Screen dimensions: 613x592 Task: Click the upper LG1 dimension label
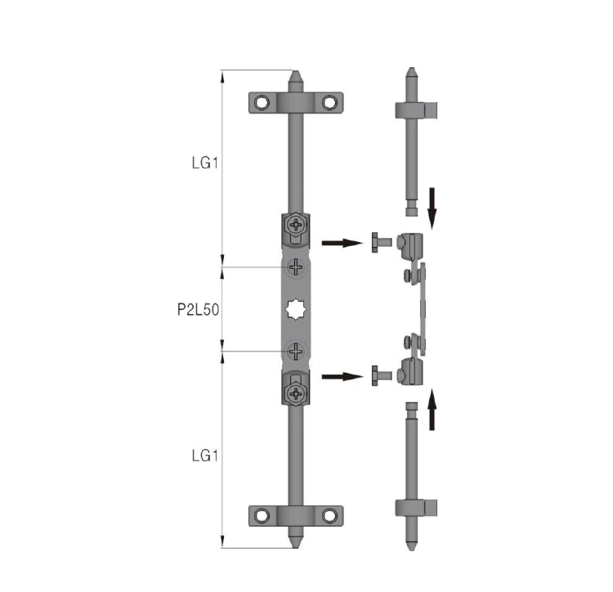click(x=205, y=163)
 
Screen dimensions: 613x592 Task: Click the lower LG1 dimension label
click(x=205, y=455)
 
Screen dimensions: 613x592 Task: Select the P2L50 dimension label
click(x=199, y=310)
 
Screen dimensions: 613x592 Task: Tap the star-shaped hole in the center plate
click(x=296, y=309)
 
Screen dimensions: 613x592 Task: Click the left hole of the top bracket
click(x=262, y=103)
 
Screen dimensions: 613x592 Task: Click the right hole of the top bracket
click(x=329, y=103)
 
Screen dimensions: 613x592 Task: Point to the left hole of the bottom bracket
click(x=262, y=516)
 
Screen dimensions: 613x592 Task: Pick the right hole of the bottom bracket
click(x=329, y=516)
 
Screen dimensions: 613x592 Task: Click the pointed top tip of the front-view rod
click(x=296, y=71)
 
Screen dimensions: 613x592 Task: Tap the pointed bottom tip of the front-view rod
click(x=296, y=547)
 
